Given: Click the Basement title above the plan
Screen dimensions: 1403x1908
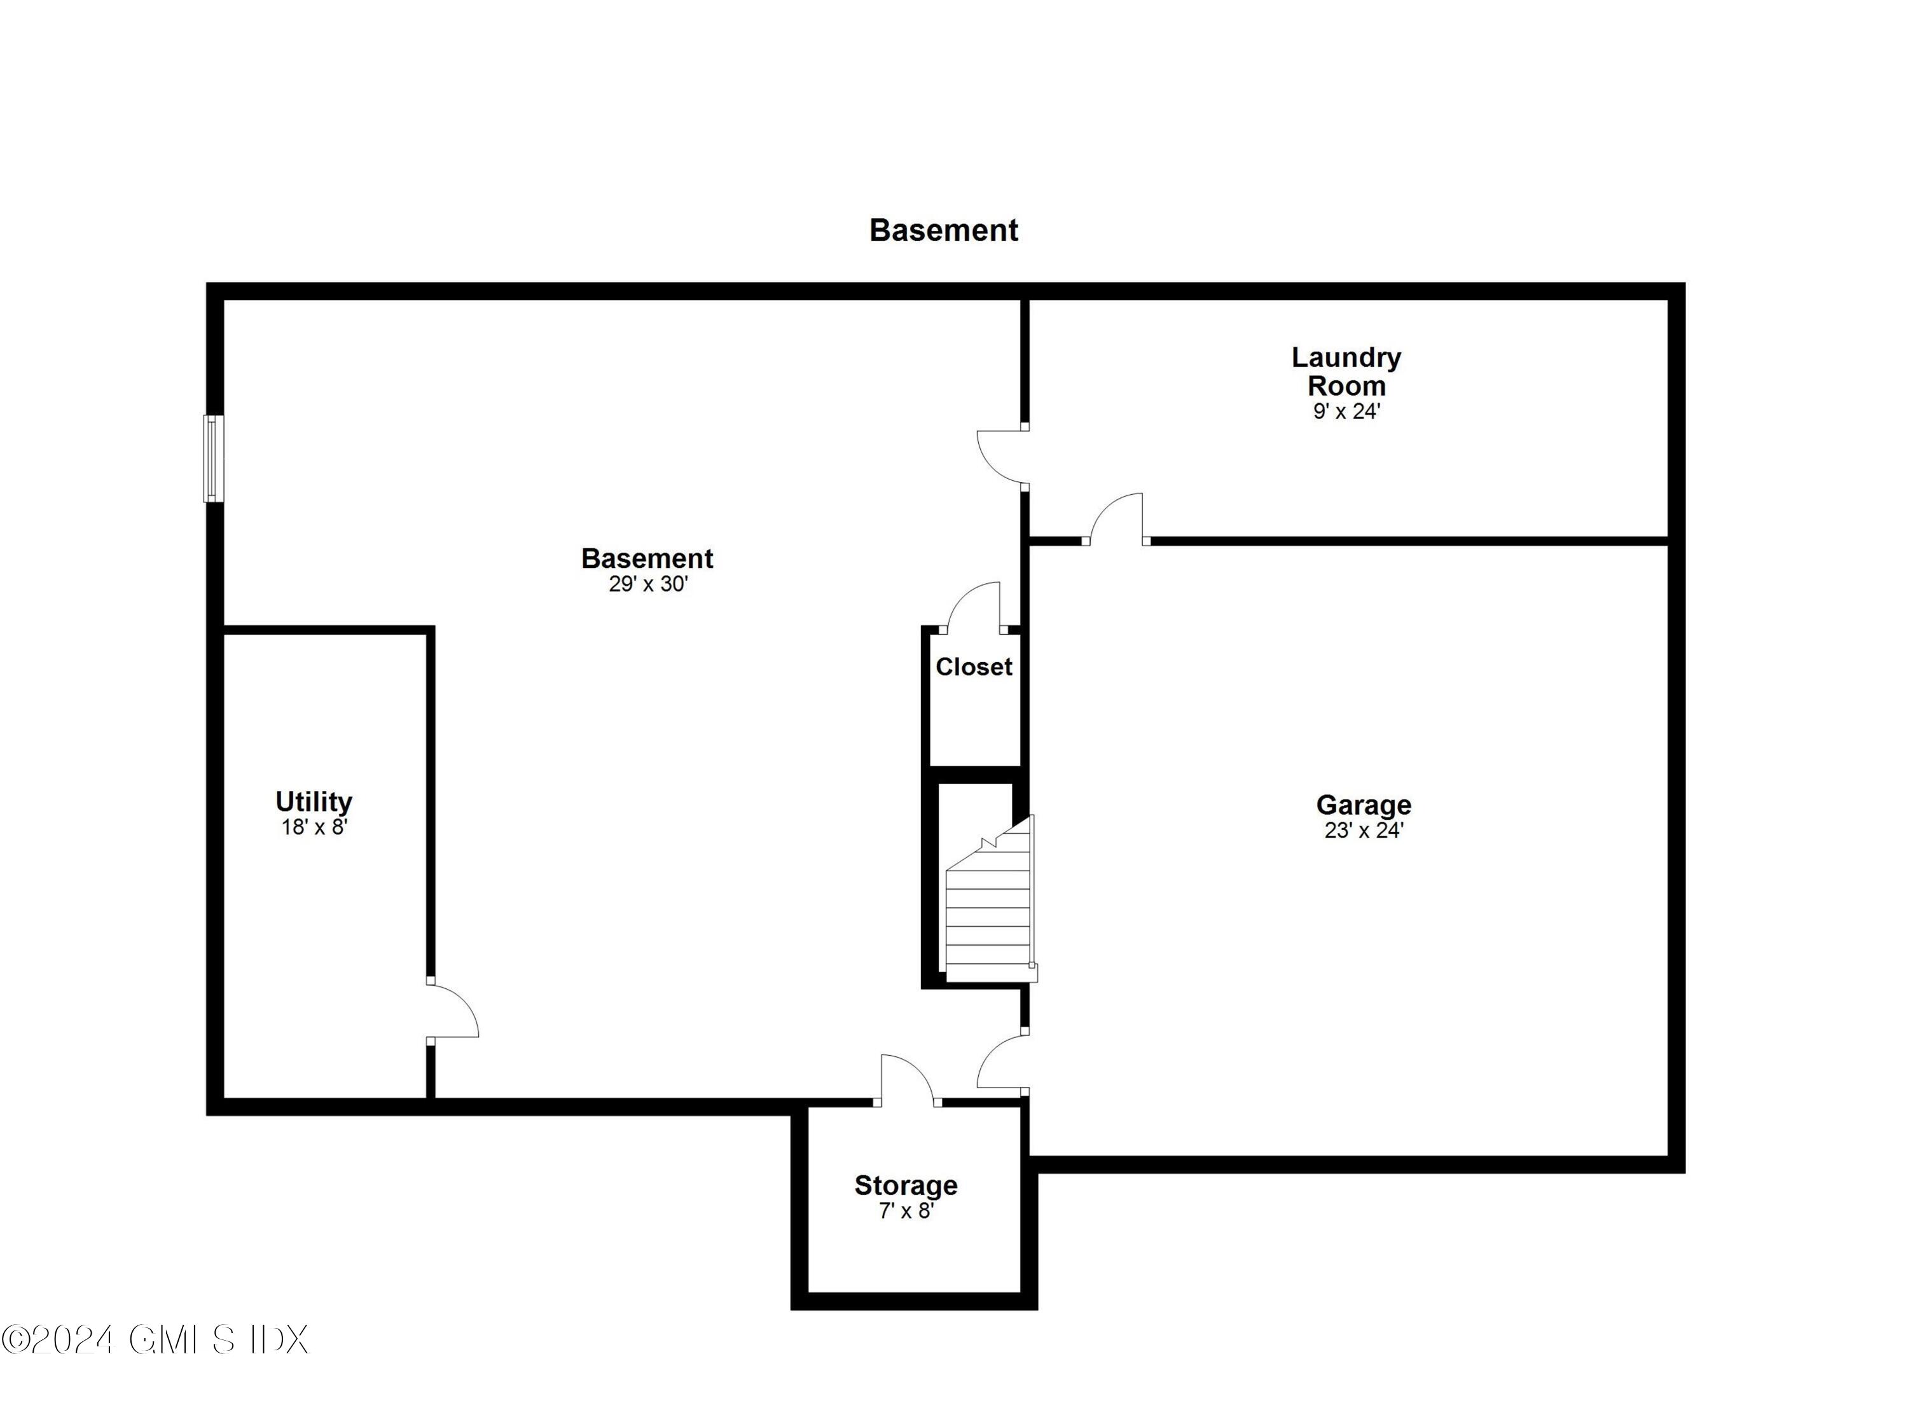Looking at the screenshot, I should [x=943, y=230].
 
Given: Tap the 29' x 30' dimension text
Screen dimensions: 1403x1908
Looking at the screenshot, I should [x=648, y=584].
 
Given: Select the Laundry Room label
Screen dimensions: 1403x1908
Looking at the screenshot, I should [x=1346, y=371].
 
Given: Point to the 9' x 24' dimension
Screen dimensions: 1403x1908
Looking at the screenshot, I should [x=1346, y=412].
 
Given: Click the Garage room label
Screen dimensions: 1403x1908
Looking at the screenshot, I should [x=1363, y=805].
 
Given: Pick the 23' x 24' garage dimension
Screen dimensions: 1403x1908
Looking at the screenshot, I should [x=1363, y=831].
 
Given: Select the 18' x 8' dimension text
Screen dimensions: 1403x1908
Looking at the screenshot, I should [x=314, y=827].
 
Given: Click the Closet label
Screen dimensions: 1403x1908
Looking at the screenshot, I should [x=973, y=667].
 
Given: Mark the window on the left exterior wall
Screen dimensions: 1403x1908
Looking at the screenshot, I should [x=213, y=459].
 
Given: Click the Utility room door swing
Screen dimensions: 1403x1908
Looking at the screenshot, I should [x=452, y=1009].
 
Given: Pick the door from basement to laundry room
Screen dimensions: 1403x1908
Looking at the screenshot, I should [x=1002, y=459].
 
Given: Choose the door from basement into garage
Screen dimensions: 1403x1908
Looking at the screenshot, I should [x=1002, y=1061].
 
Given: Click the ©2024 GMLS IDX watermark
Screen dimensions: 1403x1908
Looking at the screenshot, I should [x=155, y=1340].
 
